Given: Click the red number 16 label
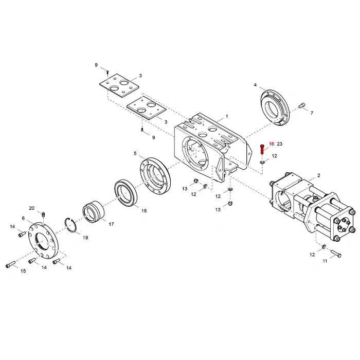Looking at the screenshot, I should [x=272, y=144].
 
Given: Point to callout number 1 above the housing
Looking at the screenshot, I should [x=226, y=117].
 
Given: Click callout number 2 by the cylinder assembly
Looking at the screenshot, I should [x=318, y=175].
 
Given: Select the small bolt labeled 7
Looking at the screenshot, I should [x=302, y=106].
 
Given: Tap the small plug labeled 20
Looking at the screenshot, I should [x=44, y=214].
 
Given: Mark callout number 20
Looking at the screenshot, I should [x=32, y=208].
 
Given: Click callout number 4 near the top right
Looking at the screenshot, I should [x=255, y=84].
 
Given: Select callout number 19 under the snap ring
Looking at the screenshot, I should [x=85, y=238].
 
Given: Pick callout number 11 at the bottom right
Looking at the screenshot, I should [x=325, y=261].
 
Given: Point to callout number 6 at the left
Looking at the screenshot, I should [x=23, y=218].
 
